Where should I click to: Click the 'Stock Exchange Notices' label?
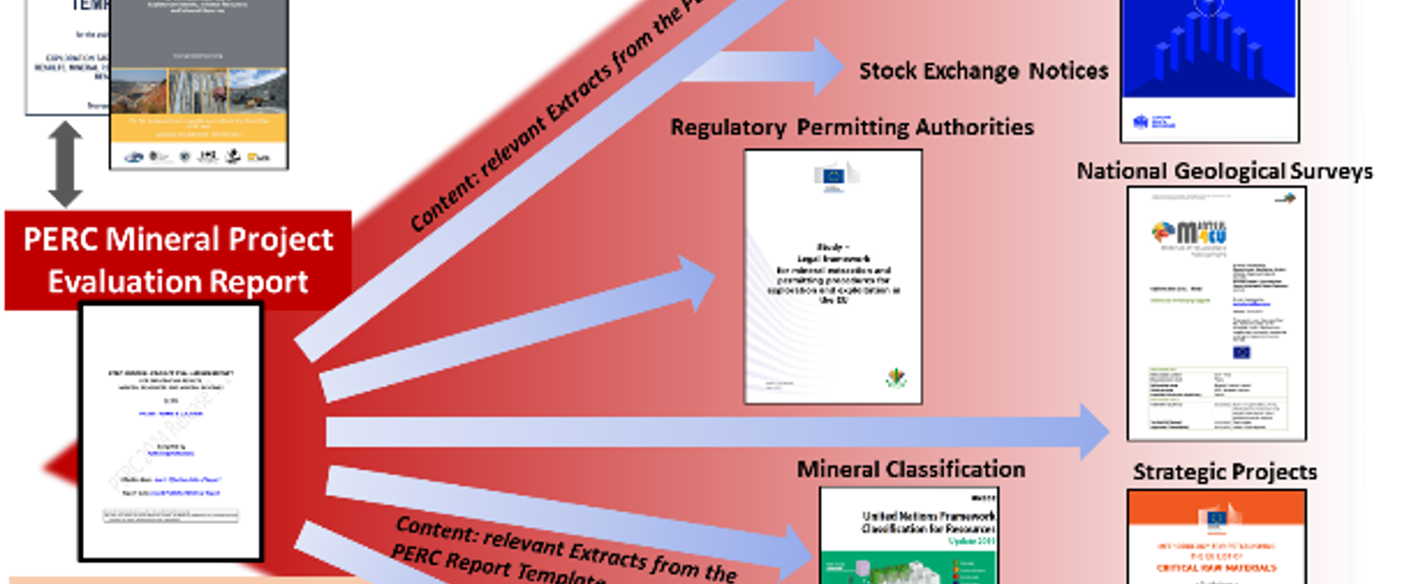[x=983, y=71]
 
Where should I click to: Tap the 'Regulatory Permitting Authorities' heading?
[x=851, y=127]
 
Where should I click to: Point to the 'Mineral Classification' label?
[x=911, y=469]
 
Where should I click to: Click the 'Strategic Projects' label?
[x=1225, y=472]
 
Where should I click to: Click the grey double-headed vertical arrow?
[x=65, y=164]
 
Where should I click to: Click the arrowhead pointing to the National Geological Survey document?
[x=1095, y=431]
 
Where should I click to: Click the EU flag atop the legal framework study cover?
[x=832, y=175]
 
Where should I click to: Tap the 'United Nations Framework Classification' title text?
[x=928, y=522]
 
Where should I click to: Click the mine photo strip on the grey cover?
[x=198, y=91]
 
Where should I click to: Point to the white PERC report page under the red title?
[x=172, y=431]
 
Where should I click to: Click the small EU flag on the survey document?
[x=1241, y=353]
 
